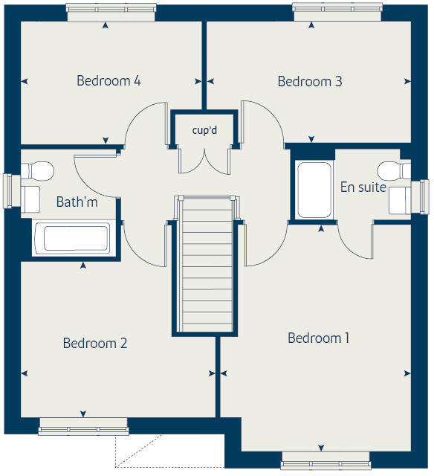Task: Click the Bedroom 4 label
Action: pos(108,80)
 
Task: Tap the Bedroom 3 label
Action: pos(309,81)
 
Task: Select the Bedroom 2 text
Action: pos(94,343)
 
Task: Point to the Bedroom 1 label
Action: pos(318,338)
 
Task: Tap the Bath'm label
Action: pos(77,202)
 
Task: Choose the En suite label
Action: pos(363,187)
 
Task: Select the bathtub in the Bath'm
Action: pos(71,239)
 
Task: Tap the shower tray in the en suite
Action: pos(314,190)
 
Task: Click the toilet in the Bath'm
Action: pos(37,170)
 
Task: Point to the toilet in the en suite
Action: pos(394,170)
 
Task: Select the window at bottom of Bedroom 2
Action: pos(83,426)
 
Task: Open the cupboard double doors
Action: pos(204,157)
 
